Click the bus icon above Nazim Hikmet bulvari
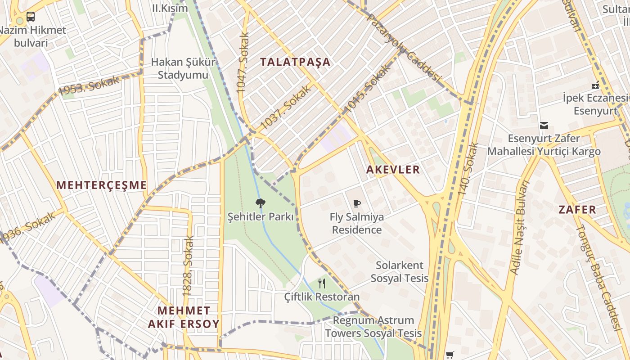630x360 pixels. point(30,17)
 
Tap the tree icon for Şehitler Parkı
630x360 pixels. point(260,203)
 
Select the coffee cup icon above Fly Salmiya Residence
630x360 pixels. point(356,204)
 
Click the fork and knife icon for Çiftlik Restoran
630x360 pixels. point(321,283)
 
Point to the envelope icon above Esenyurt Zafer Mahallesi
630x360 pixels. point(544,125)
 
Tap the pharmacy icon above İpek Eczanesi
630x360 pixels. point(595,85)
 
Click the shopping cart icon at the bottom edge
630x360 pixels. point(450,355)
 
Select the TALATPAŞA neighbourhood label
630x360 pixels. point(295,62)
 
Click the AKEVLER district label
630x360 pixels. point(393,170)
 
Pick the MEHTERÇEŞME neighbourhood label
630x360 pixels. point(102,185)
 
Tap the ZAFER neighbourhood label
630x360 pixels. point(577,209)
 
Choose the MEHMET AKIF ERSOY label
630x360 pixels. point(184,317)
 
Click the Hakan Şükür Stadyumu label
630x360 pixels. point(183,68)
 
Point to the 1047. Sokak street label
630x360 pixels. point(243,63)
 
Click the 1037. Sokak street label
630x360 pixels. point(286,107)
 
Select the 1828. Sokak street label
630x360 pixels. point(188,266)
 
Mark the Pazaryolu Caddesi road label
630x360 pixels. point(403,48)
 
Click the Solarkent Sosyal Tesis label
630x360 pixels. point(400,271)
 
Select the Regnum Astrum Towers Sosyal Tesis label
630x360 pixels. point(373,327)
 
